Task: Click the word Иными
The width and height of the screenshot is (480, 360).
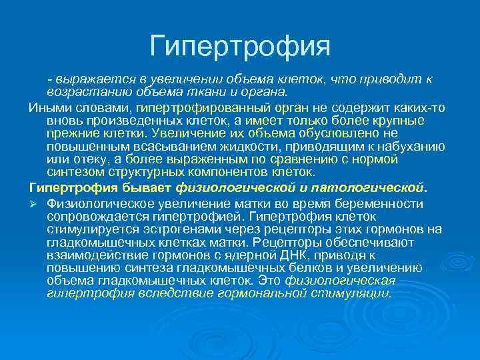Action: pyautogui.click(x=47, y=107)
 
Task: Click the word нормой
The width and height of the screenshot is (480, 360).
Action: pyautogui.click(x=374, y=159)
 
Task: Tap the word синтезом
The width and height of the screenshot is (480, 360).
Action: pyautogui.click(x=75, y=171)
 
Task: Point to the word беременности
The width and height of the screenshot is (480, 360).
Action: pyautogui.click(x=386, y=203)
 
